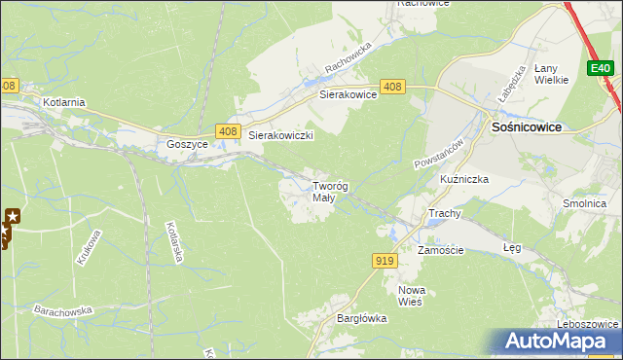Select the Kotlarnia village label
(x=65, y=102)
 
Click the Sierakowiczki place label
(x=280, y=136)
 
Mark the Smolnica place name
(x=584, y=204)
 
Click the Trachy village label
(x=444, y=213)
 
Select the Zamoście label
(x=441, y=250)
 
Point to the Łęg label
(x=511, y=248)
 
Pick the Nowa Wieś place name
(x=412, y=296)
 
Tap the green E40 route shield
(x=601, y=68)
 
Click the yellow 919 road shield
(x=384, y=260)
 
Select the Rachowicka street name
(x=349, y=60)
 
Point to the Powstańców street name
(x=435, y=149)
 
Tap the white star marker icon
(x=12, y=215)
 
